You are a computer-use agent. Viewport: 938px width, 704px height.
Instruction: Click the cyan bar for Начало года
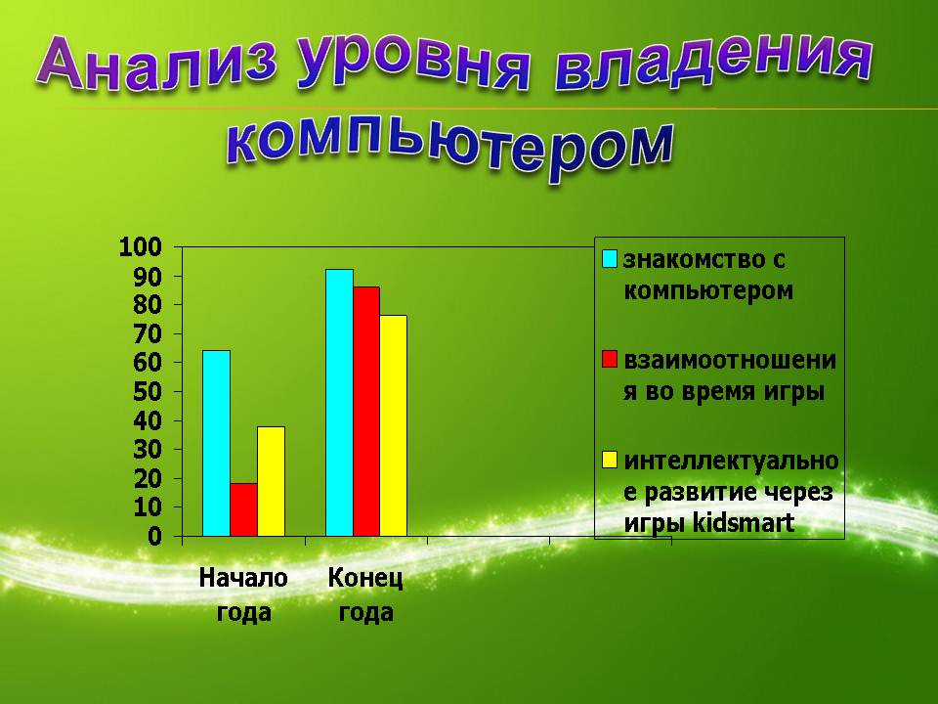[216, 443]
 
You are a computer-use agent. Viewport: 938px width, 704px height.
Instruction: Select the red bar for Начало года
[243, 509]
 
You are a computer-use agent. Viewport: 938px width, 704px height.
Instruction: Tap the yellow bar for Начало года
[271, 481]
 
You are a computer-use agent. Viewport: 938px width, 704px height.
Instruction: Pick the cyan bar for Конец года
[339, 402]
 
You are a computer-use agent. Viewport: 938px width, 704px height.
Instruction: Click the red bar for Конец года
[366, 412]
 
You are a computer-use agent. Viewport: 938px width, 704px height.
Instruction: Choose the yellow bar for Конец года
[393, 425]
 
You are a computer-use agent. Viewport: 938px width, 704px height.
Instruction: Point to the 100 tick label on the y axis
[140, 246]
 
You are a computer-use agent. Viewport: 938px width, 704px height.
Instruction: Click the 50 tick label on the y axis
[148, 392]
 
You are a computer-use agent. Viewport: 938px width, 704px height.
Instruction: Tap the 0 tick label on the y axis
[155, 537]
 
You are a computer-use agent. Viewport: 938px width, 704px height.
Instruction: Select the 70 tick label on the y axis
[148, 334]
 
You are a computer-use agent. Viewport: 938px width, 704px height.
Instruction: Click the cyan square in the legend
[610, 258]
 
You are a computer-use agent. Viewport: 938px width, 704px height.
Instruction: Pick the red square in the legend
[610, 359]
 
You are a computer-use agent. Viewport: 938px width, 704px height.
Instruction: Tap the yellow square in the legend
[610, 460]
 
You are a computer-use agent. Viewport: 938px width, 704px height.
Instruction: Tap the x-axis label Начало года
[243, 595]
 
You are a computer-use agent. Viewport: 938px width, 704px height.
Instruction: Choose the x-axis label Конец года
[365, 595]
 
